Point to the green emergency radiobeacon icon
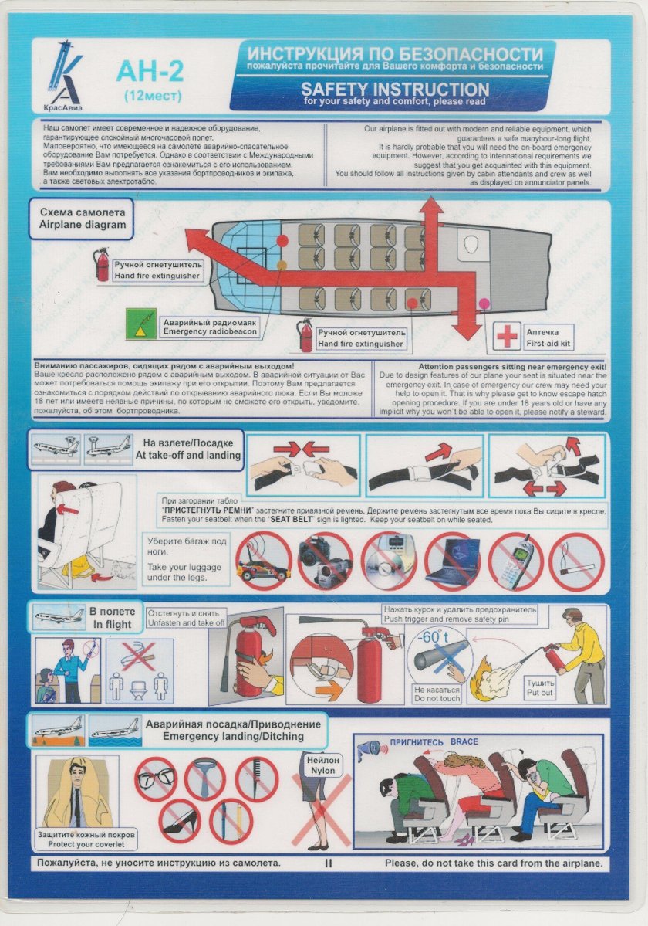coord(140,323)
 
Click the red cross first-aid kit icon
coord(508,336)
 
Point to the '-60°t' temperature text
coord(433,639)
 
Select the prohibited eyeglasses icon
coord(157,778)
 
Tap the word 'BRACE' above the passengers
coord(464,742)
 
